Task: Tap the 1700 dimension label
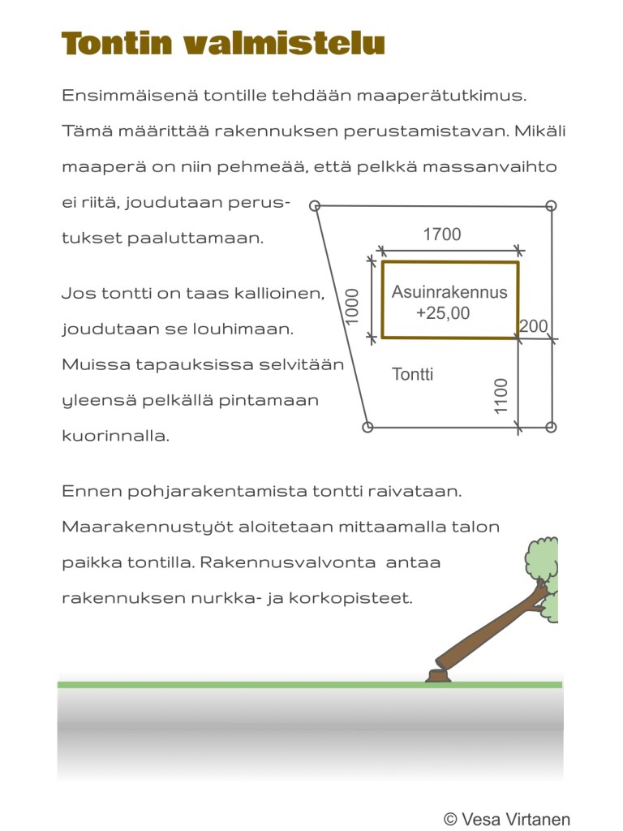(x=442, y=235)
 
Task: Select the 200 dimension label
(x=534, y=326)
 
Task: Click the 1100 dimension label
(x=501, y=395)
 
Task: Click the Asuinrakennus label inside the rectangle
(x=449, y=292)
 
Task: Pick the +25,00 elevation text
(x=442, y=313)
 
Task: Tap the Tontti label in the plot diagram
(x=412, y=374)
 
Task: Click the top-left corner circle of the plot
(x=316, y=206)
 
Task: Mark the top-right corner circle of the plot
(x=552, y=205)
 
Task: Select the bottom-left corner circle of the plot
(x=367, y=427)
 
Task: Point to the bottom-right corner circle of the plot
(x=552, y=427)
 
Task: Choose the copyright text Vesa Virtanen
(x=507, y=819)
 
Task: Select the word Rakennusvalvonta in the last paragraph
(x=307, y=562)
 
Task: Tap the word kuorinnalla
(x=115, y=436)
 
